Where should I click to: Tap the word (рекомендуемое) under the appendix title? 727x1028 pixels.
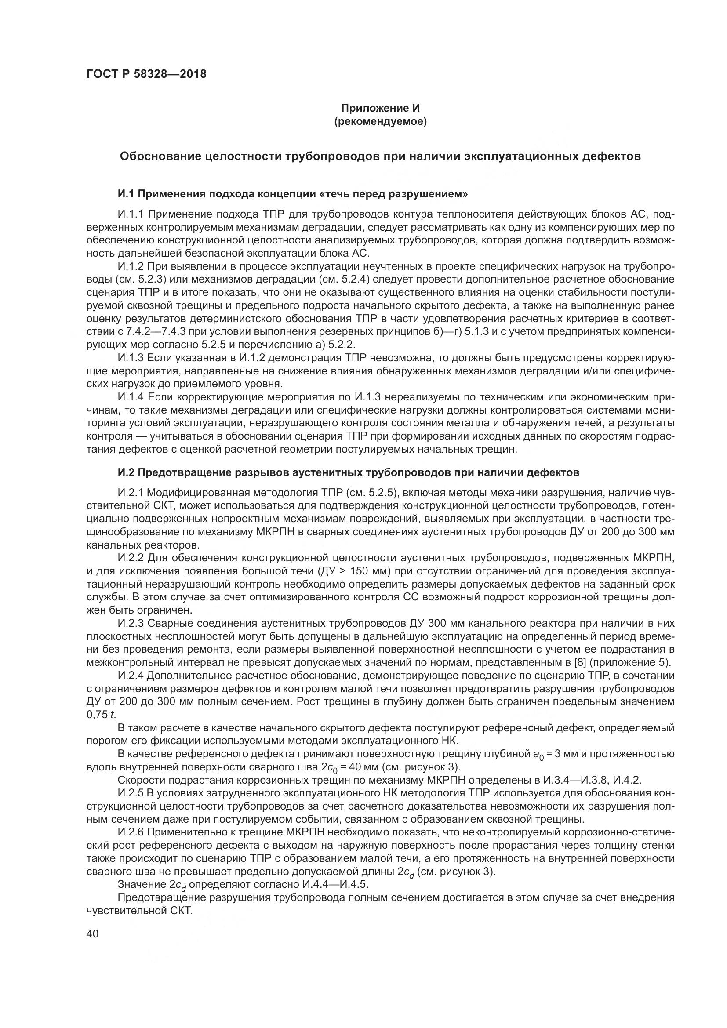pos(380,121)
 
